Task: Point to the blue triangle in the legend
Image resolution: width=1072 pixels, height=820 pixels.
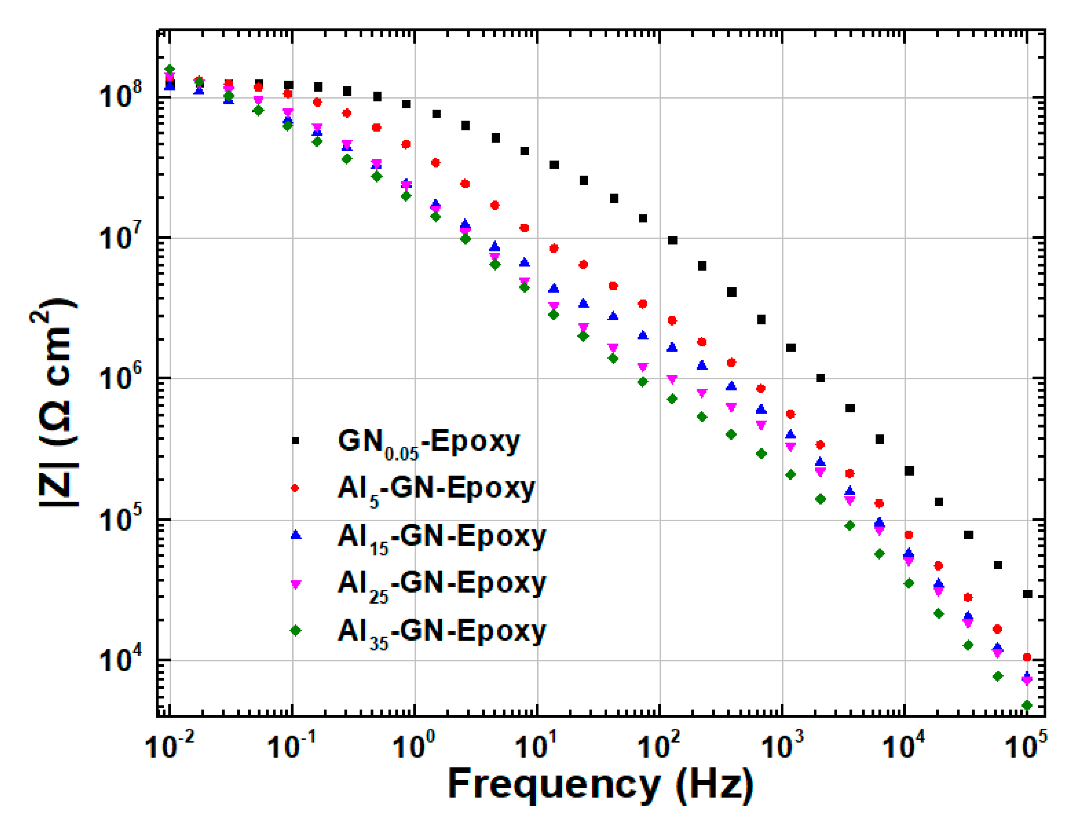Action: [296, 535]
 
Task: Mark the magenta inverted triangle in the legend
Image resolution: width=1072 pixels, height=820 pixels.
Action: [296, 584]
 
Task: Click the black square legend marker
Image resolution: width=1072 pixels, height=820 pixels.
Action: [295, 441]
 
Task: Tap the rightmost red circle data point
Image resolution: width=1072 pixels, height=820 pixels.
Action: [1027, 657]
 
